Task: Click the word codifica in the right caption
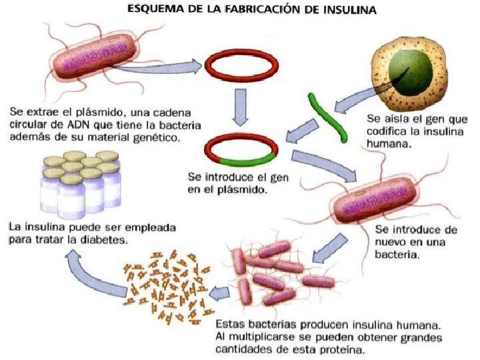click(x=389, y=129)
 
